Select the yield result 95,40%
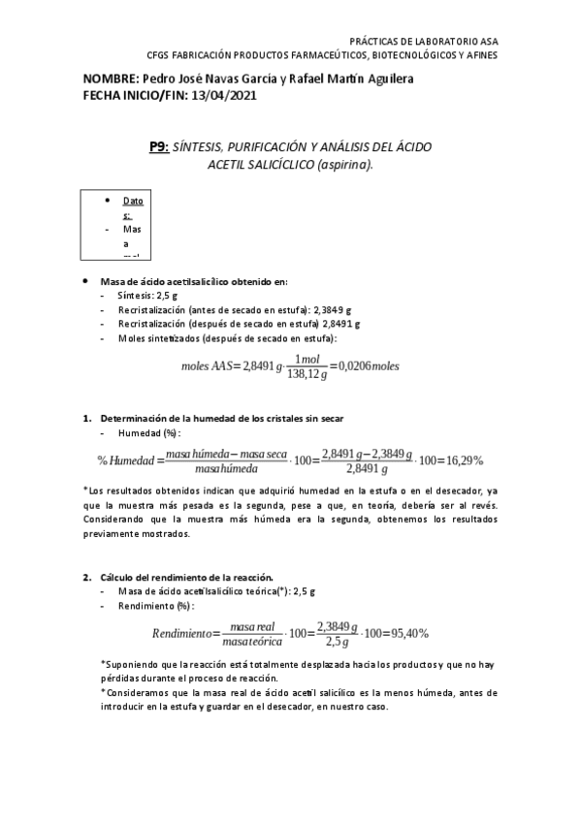tap(406, 633)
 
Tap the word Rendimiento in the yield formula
tap(181, 633)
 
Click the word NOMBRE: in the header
tap(111, 79)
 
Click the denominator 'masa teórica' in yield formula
tap(251, 641)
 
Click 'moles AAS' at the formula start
tap(210, 366)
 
